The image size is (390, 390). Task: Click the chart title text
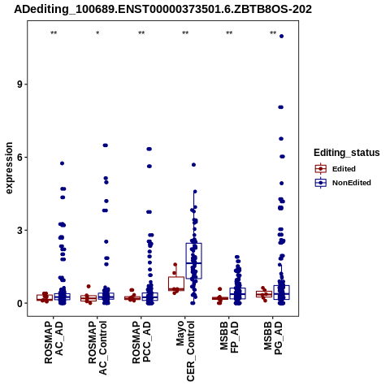coord(162,9)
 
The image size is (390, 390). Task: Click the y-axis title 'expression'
coord(9,168)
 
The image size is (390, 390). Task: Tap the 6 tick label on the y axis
coord(19,157)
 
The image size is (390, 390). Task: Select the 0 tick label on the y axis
coord(19,303)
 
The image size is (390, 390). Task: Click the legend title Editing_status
coord(347,153)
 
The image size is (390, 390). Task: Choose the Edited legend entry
coord(336,169)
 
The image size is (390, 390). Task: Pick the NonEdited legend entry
coord(343,183)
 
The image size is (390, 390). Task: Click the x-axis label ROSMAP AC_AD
coord(54,342)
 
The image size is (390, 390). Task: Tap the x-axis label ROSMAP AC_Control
coord(97,348)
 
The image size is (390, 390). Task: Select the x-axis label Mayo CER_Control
coord(185,351)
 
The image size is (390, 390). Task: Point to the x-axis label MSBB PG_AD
coord(273,338)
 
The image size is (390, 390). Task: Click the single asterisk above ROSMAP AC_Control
coord(97,33)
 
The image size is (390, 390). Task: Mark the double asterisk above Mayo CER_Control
coord(185,33)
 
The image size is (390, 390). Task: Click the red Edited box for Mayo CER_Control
coord(176,284)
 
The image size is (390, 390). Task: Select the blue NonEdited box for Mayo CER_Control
coord(193,261)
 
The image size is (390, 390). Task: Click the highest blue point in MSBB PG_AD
coord(281,36)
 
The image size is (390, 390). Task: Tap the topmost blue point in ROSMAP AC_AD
coord(62,163)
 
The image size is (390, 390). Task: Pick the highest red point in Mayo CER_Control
coord(175,265)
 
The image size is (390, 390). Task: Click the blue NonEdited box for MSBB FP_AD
coord(237,293)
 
